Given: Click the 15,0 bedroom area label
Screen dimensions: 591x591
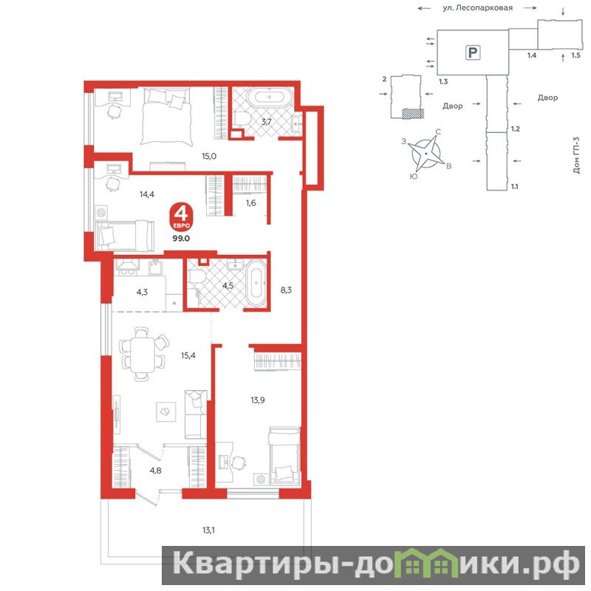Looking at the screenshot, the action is click(209, 156).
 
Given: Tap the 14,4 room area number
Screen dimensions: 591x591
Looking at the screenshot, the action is click(146, 194).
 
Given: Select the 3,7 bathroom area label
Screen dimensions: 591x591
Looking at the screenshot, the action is click(267, 122).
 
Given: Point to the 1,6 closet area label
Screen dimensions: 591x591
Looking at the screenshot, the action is click(251, 203).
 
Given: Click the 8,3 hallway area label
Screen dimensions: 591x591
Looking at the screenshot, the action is click(286, 290).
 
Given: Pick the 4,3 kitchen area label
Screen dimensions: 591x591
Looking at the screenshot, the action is click(142, 292).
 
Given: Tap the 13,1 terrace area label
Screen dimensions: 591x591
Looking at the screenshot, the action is click(208, 530).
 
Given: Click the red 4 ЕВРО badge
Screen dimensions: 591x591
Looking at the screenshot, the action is click(181, 217).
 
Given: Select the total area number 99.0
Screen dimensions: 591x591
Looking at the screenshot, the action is click(181, 239).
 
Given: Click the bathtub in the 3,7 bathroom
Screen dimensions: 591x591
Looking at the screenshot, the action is click(270, 98).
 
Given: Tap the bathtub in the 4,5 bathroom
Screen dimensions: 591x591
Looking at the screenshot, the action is click(256, 282).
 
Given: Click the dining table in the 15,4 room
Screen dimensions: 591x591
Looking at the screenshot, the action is click(142, 355).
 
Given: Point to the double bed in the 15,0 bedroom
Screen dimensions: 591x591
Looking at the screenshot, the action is click(165, 117).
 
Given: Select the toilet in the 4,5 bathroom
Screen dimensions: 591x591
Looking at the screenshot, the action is click(197, 278).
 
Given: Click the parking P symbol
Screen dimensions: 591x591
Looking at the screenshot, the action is click(473, 52).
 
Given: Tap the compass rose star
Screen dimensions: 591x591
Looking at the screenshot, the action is click(426, 154).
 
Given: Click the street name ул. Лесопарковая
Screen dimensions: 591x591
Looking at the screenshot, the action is click(477, 8).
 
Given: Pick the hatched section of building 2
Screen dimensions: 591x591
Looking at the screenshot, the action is click(413, 114).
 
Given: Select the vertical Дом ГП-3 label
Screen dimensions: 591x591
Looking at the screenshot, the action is click(576, 155).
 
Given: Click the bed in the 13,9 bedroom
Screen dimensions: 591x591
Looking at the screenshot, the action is click(284, 455).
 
